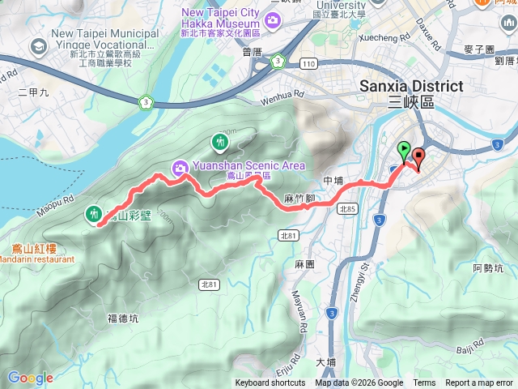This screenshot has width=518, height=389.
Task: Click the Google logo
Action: point(30,378)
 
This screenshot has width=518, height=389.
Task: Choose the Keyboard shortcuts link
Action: point(270,383)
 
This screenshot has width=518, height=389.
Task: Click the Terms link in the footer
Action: point(424,383)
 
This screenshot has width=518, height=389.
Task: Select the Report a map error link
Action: point(480,383)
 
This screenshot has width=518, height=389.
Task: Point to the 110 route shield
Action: point(307,62)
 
